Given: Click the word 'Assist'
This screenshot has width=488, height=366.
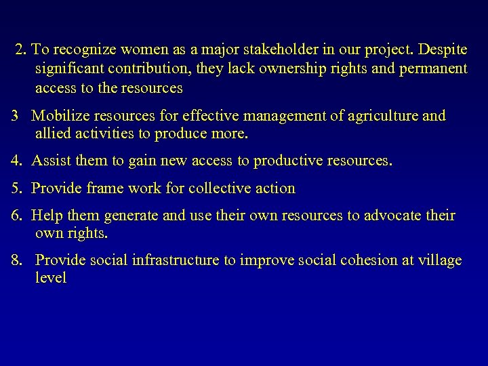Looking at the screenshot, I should (51, 161).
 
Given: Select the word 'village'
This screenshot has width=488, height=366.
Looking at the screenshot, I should (440, 260).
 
